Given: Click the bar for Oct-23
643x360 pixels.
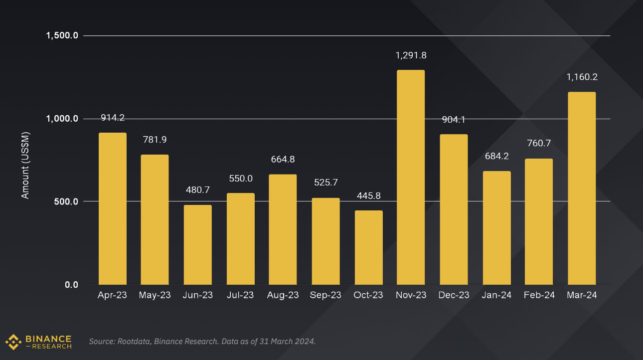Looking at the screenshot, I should coord(368,247).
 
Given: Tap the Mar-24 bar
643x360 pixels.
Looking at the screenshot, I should coord(582,188).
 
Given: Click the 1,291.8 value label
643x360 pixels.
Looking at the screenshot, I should coord(411,55).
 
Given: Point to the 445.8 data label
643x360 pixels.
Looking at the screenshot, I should coord(368,196).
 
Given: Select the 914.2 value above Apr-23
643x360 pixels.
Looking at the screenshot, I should coord(113,118).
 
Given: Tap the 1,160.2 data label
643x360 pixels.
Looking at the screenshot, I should coord(582,77).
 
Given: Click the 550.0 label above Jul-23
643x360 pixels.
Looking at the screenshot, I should coord(241,179).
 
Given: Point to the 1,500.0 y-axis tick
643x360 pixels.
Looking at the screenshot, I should coord(62,36).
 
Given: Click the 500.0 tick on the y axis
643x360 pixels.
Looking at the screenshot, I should coord(67,202).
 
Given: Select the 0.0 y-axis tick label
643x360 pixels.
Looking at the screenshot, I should coord(72,285).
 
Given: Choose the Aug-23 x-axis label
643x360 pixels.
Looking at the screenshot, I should coord(283,295).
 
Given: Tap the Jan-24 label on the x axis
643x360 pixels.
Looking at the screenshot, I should coord(496,295).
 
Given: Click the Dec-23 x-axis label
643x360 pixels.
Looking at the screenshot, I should coord(454,295).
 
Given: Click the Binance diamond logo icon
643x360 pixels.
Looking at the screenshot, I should coord(13,342).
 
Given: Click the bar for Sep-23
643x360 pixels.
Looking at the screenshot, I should coord(326,241).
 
